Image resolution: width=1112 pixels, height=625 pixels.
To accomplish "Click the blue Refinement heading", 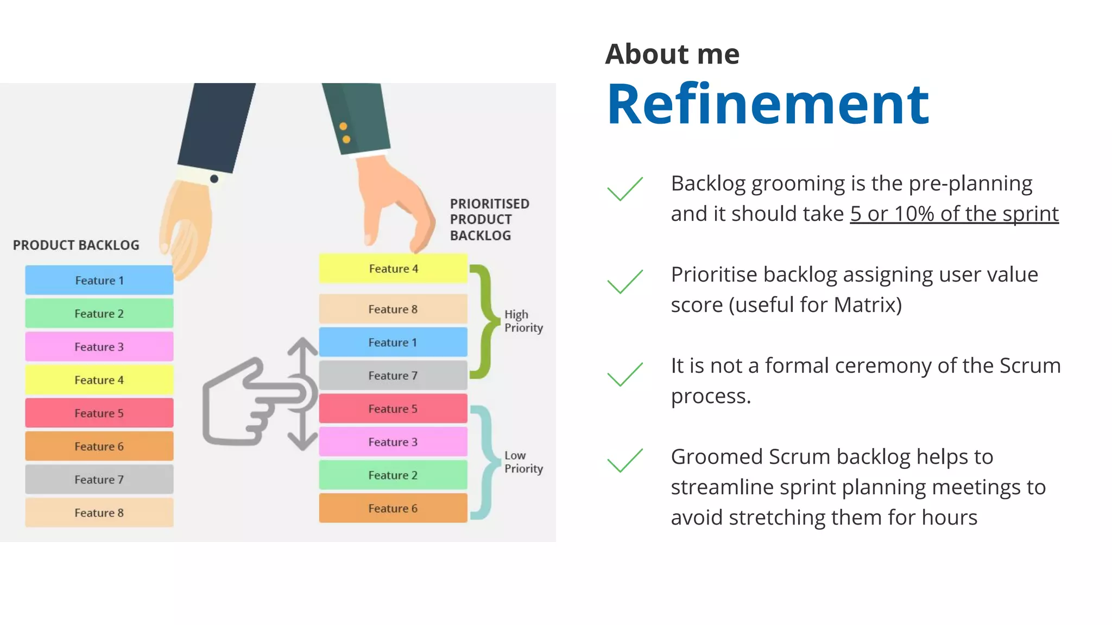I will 767,104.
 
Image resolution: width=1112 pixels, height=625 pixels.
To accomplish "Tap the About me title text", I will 672,54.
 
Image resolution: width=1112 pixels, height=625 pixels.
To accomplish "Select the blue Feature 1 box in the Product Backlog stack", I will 99,280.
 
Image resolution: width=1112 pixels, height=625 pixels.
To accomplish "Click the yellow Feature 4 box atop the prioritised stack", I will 393,269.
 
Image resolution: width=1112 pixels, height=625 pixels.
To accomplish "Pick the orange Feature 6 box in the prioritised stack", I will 393,508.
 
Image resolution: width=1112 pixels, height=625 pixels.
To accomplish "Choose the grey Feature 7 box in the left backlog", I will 99,480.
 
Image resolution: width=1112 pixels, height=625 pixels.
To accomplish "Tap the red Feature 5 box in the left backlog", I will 99,413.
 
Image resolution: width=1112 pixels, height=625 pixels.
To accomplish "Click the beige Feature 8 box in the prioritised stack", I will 393,309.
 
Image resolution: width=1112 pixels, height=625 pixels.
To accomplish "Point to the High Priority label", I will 523,321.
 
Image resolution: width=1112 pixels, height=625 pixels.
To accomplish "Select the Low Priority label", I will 523,462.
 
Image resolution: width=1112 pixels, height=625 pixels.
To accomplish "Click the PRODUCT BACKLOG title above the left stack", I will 76,245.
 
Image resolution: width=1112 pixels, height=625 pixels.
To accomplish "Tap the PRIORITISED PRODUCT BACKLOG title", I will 489,220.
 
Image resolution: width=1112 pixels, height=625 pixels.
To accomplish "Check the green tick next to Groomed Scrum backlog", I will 624,461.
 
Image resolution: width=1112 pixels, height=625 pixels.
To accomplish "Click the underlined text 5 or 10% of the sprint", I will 954,214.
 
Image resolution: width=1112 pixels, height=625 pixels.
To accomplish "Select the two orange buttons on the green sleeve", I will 344,133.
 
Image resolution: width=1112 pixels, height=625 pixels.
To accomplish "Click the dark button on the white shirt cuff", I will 214,179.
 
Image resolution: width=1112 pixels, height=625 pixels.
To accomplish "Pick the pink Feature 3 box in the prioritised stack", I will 393,442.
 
